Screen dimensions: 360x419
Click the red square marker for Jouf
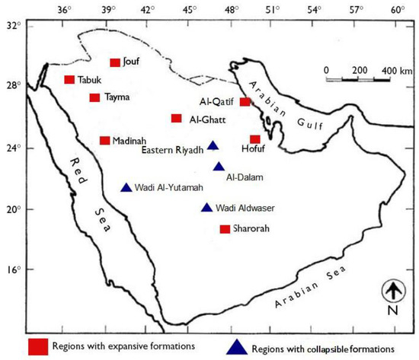coord(115,62)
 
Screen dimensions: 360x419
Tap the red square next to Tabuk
coord(69,80)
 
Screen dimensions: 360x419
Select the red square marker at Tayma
coord(94,97)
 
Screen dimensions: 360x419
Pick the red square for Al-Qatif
coord(245,102)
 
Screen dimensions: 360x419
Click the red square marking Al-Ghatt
coord(176,118)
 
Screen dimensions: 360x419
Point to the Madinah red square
coord(104,140)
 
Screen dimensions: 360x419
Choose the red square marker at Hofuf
coord(255,139)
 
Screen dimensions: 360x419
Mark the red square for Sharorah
coord(225,229)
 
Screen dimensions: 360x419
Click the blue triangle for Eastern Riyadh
coord(213,146)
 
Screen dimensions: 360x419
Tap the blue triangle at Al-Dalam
coord(219,167)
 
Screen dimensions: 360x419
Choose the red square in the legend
coord(39,346)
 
